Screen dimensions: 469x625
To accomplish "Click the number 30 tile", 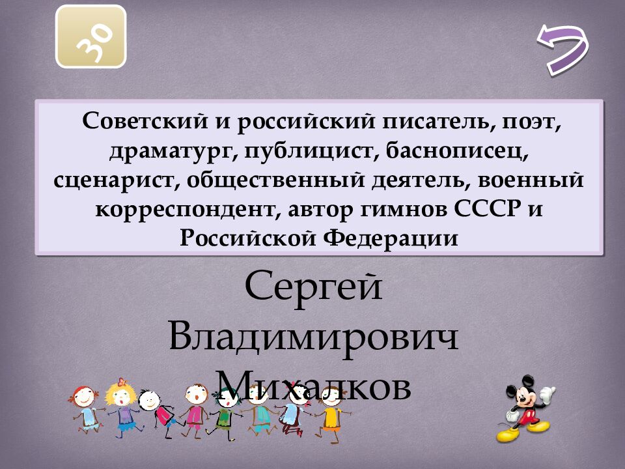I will click(91, 36).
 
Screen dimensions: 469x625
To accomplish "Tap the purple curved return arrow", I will click(562, 48).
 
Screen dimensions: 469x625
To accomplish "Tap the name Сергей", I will click(313, 287).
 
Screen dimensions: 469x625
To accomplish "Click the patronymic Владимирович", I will click(313, 337).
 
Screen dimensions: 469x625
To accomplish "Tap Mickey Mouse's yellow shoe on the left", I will click(507, 434).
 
